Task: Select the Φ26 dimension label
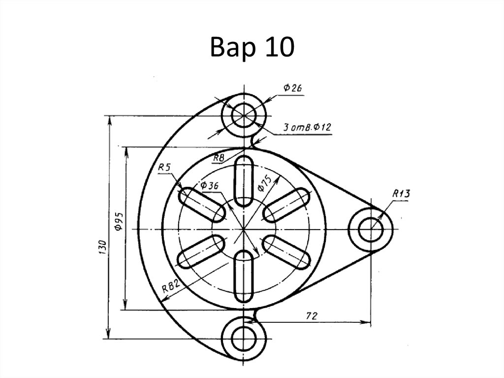(292, 88)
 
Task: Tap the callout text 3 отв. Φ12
(307, 128)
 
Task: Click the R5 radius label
(164, 169)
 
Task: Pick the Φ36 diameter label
(210, 186)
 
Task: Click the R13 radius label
(401, 194)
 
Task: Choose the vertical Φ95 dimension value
(118, 222)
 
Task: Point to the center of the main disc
(244, 229)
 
